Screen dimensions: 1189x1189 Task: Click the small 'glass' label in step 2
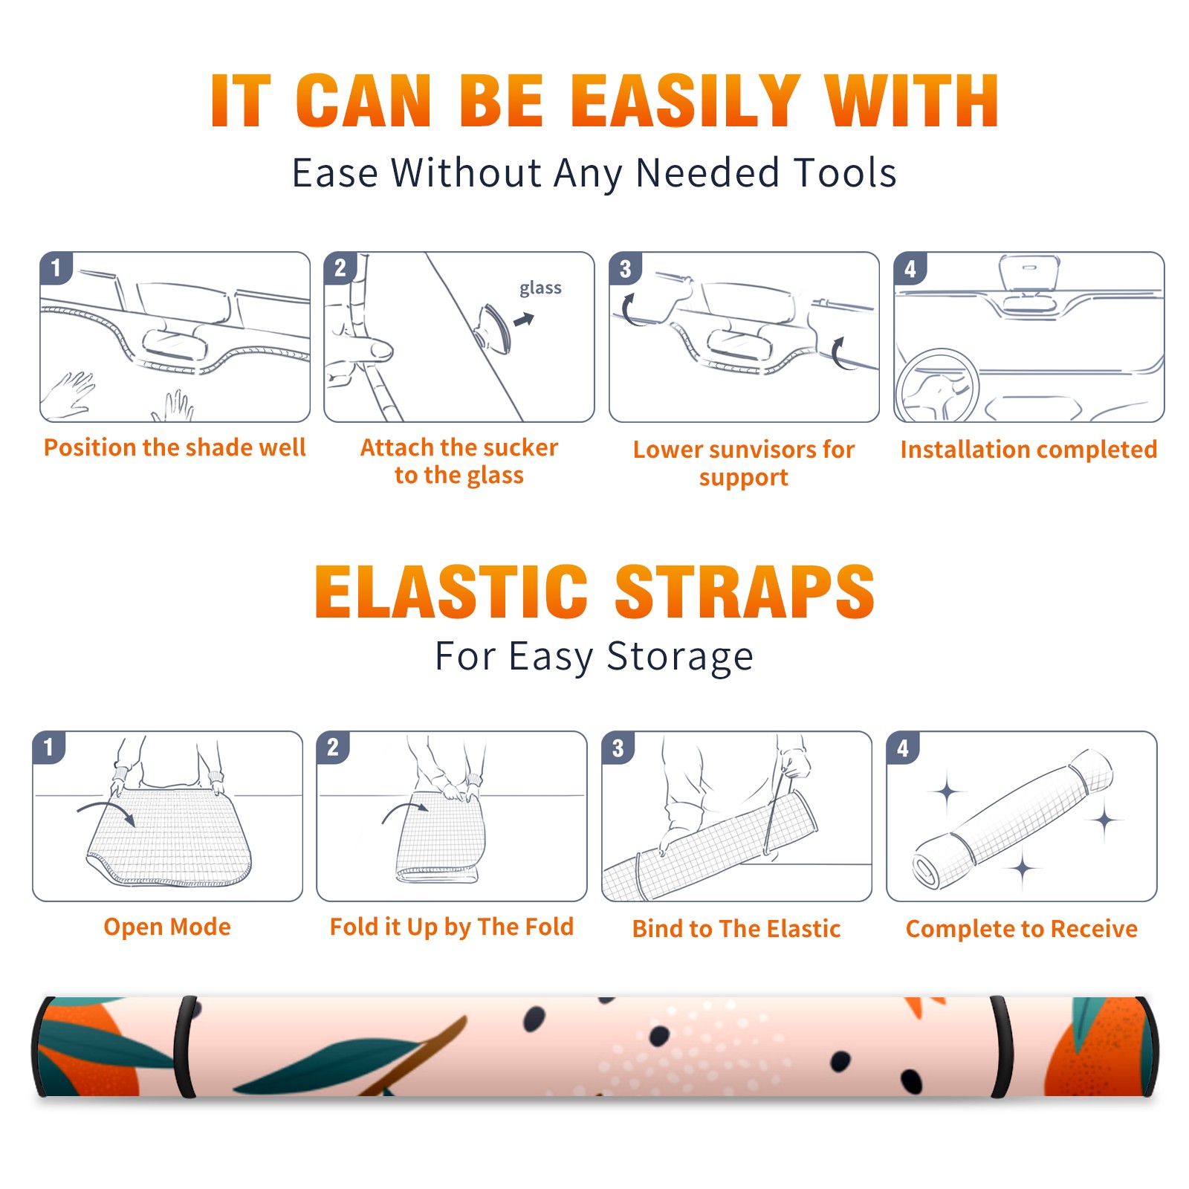[x=540, y=288]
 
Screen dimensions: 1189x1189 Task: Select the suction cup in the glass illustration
[x=493, y=328]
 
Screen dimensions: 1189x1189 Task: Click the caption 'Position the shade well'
[x=175, y=447]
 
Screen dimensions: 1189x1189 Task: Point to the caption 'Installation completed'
[x=1028, y=450]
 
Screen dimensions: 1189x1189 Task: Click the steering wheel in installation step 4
[x=938, y=386]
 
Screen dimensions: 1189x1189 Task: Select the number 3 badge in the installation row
[x=625, y=268]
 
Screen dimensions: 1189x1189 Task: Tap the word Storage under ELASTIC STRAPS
[x=680, y=657]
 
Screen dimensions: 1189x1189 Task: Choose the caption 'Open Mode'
[x=167, y=927]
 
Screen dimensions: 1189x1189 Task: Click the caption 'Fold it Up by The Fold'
[x=452, y=927]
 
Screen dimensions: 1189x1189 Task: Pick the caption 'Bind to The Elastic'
[x=736, y=929]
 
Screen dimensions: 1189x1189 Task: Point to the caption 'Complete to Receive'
[x=1022, y=929]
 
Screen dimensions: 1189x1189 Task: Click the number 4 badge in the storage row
[x=903, y=748]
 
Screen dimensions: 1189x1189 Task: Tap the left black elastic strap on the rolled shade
[x=184, y=1047]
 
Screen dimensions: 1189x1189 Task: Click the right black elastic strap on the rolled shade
[x=1002, y=1047]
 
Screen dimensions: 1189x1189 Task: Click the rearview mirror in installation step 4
[x=1028, y=272]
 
